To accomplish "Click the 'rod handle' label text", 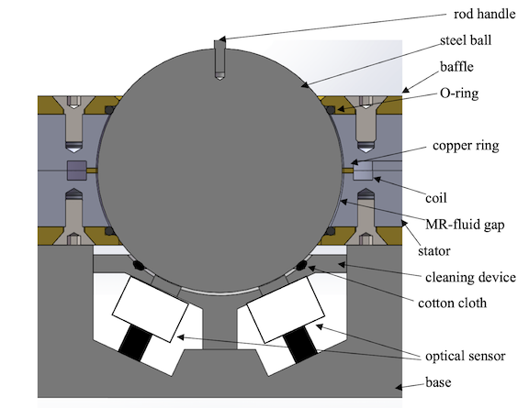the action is coord(484,14).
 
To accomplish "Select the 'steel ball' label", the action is coord(466,40).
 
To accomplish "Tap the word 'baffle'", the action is coord(456,66).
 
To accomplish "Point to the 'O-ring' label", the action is coord(459,93).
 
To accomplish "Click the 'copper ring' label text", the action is coord(466,146).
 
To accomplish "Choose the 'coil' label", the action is coord(436,198).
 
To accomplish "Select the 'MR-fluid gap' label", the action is coord(465,225).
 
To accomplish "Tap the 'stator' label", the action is coord(434,251).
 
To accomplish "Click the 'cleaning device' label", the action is coord(470,277).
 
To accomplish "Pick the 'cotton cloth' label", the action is coord(453,303).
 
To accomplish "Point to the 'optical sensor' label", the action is coord(466,356).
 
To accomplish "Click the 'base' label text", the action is coord(438,382).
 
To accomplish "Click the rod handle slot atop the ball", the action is coord(219,60).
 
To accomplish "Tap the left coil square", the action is coord(77,171).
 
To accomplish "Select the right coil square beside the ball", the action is coord(363,171).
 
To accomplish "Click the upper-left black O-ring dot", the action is coord(109,110).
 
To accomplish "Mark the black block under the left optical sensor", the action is coord(135,343).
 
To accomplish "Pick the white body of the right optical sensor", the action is coord(286,310).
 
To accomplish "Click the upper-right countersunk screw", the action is coord(366,123).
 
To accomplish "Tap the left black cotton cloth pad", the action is coord(139,266).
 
